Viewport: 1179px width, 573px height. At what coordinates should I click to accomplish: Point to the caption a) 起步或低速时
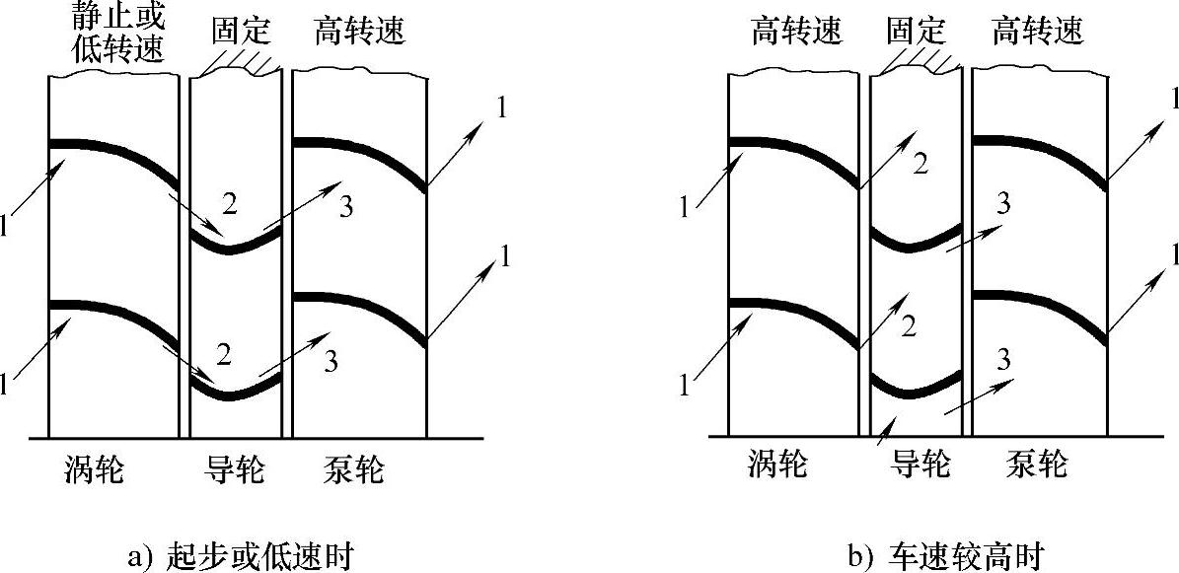[241, 557]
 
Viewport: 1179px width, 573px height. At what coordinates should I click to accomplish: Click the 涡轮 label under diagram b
[779, 464]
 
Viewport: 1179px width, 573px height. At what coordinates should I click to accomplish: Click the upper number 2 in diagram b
[920, 165]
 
